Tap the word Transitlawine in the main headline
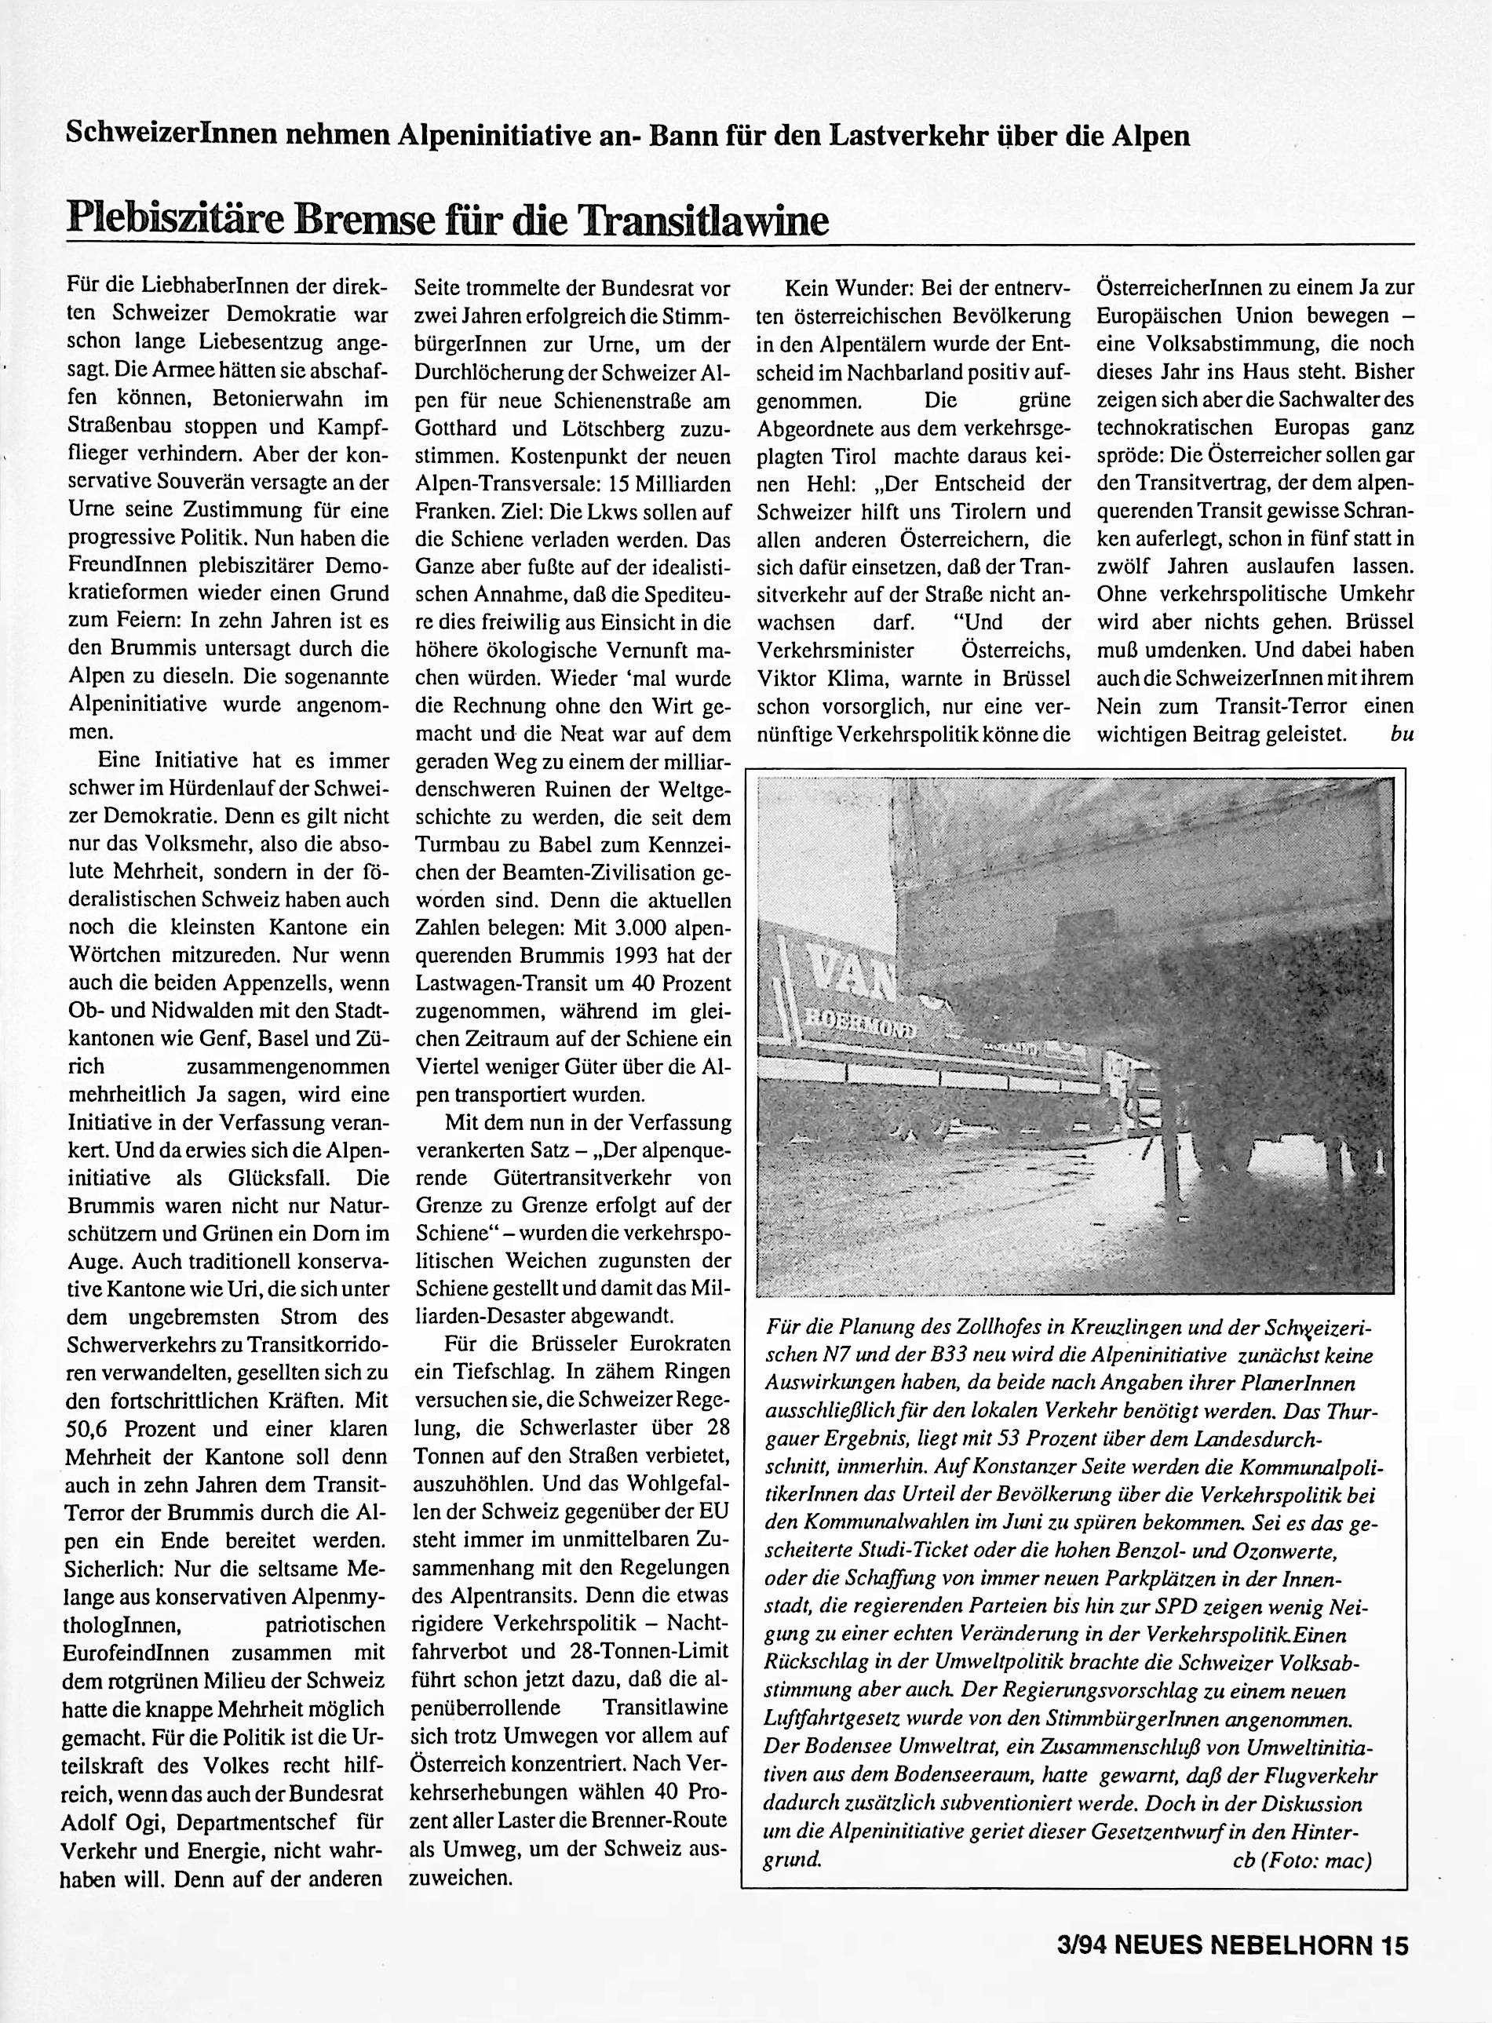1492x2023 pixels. pyautogui.click(x=702, y=221)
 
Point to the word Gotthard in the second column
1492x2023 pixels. pyautogui.click(x=455, y=427)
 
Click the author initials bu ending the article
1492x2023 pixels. pyautogui.click(x=1401, y=733)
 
